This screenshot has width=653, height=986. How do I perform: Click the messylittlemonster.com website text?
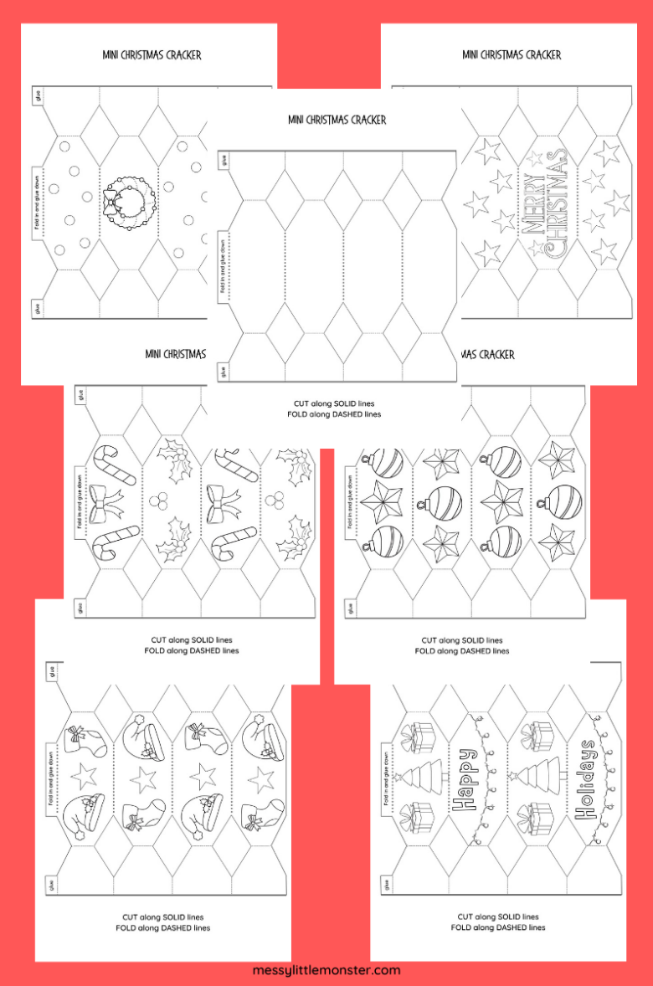coord(326,970)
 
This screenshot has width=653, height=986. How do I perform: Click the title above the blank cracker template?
coord(337,120)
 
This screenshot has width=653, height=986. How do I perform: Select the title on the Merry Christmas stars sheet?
coord(511,55)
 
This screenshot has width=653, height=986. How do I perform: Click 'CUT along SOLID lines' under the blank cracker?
coord(337,403)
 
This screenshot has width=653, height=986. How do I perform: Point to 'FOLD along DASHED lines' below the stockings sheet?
coord(162,927)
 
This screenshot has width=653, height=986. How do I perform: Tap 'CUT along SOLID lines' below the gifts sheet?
coord(498,917)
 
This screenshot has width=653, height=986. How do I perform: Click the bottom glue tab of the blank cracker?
coord(223,369)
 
